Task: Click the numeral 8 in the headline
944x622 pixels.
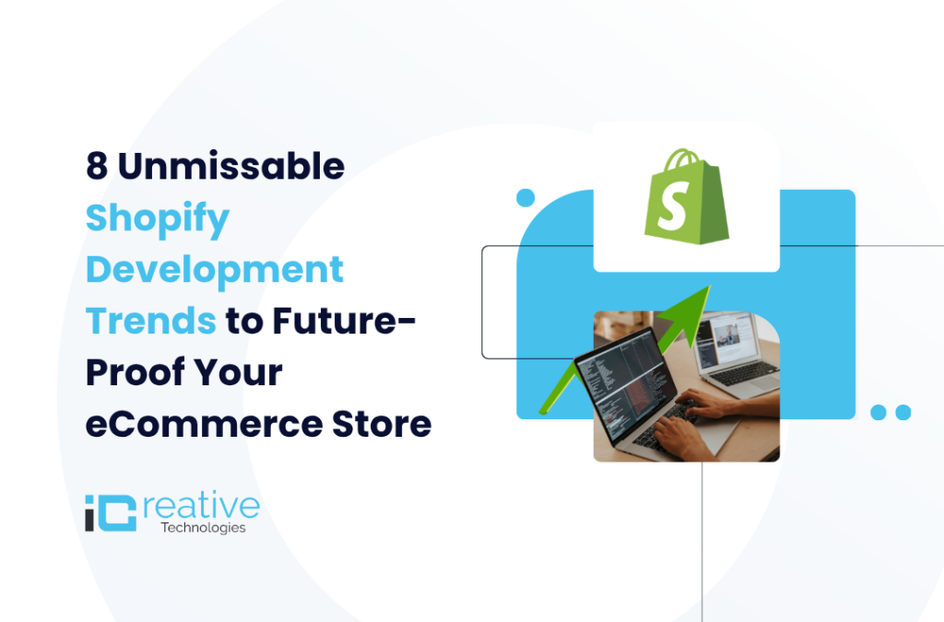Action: click(97, 167)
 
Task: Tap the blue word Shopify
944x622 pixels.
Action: click(157, 219)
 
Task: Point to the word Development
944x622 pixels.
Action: click(214, 270)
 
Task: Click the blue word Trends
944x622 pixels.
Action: click(151, 322)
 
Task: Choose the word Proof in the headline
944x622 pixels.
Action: click(128, 373)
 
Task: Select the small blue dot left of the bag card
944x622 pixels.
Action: click(525, 197)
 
